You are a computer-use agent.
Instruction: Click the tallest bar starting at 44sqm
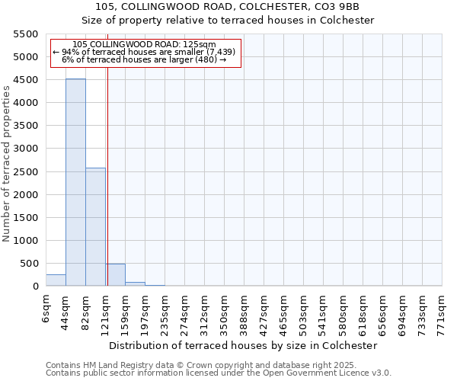[75, 183]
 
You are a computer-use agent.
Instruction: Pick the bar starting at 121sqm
[116, 275]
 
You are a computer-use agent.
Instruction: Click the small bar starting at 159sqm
[135, 284]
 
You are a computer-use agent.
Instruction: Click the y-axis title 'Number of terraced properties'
[7, 164]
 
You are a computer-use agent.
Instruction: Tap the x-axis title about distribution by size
[244, 345]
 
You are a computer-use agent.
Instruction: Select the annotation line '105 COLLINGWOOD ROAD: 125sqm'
[145, 45]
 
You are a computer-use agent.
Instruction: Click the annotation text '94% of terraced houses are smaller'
[145, 52]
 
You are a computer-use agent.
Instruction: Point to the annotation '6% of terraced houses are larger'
[145, 59]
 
